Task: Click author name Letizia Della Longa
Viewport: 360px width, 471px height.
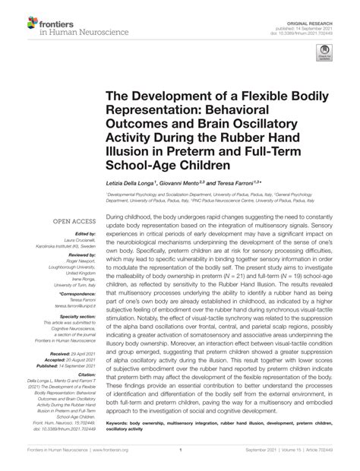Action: pos(131,184)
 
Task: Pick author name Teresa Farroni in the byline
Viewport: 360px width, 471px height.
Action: pos(233,184)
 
